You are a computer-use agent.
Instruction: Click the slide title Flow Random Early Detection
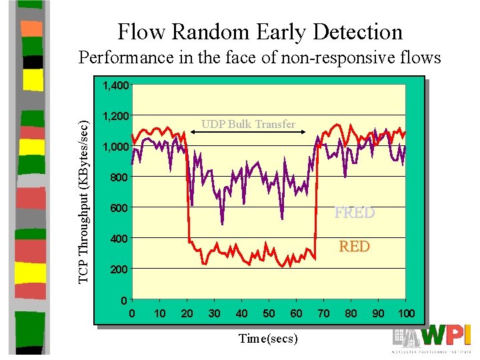pyautogui.click(x=260, y=31)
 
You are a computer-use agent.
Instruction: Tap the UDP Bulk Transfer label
pyautogui.click(x=248, y=124)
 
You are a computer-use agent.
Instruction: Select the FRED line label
pyautogui.click(x=355, y=213)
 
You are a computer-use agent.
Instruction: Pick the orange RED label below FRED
pyautogui.click(x=354, y=246)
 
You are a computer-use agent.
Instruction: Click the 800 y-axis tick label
pyautogui.click(x=119, y=177)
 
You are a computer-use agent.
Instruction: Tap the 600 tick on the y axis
pyautogui.click(x=119, y=208)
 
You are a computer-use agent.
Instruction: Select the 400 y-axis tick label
pyautogui.click(x=119, y=239)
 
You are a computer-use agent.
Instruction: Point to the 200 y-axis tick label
pyautogui.click(x=119, y=269)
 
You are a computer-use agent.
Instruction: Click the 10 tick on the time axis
pyautogui.click(x=160, y=313)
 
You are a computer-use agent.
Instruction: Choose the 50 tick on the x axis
pyautogui.click(x=269, y=313)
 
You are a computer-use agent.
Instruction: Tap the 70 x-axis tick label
pyautogui.click(x=323, y=313)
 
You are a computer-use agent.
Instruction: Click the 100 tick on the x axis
pyautogui.click(x=405, y=313)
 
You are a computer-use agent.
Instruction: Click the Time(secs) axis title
pyautogui.click(x=268, y=339)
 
